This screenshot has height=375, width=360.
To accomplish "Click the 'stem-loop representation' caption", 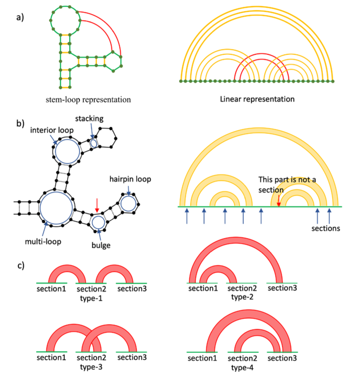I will click(88, 100).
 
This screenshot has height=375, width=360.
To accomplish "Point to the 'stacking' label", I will click(90, 119).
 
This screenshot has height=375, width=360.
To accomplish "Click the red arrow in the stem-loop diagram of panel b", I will click(97, 207).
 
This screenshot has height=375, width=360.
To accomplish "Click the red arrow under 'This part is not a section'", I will click(278, 199).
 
